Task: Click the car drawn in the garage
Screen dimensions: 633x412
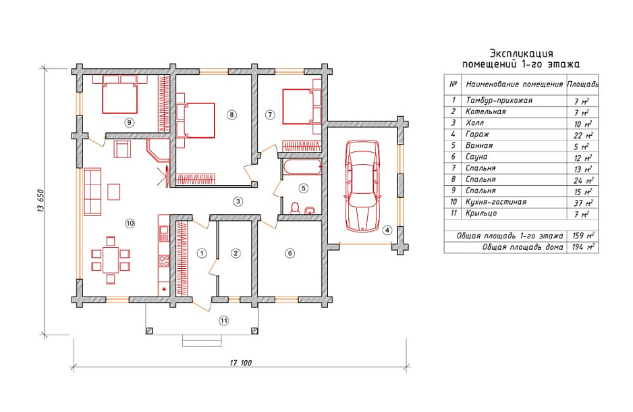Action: (x=362, y=186)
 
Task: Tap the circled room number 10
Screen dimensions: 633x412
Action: (x=130, y=223)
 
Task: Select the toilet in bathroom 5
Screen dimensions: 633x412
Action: (x=295, y=207)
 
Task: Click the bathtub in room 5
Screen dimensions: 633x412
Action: (x=301, y=168)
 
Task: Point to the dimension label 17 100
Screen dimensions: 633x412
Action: (x=241, y=363)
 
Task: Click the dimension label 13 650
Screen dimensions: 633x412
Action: (x=40, y=201)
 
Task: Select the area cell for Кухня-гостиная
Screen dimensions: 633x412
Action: (x=583, y=203)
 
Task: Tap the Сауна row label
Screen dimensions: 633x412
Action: (x=476, y=157)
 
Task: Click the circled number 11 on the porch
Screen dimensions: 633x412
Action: (x=223, y=321)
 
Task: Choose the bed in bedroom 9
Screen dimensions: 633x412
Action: (x=120, y=95)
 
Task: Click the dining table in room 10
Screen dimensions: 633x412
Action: (x=110, y=260)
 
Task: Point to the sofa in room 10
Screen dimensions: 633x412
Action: (x=92, y=191)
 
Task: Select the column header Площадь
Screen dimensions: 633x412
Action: (x=582, y=84)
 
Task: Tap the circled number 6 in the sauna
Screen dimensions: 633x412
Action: (x=290, y=253)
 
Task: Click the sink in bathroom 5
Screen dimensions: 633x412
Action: (x=310, y=210)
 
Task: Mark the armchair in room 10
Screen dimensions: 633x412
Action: (x=123, y=149)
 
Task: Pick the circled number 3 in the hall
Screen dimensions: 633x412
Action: (x=238, y=201)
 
